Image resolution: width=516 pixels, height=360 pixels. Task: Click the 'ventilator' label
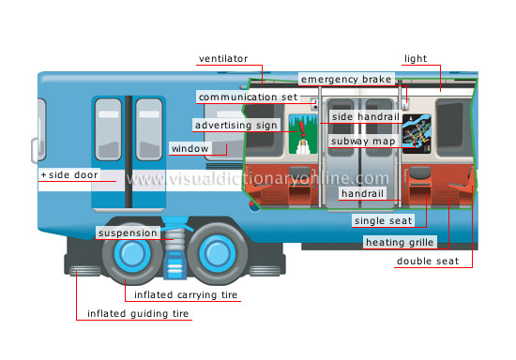(229, 58)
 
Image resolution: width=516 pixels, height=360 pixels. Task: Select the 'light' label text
(415, 58)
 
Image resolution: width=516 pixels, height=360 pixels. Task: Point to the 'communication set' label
(248, 97)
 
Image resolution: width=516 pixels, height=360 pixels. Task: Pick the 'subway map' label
(362, 141)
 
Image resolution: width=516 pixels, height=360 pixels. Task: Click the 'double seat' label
(428, 261)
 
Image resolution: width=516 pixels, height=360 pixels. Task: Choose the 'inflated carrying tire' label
(186, 295)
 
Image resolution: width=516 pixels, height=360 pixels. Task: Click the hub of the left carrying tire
(125, 254)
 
